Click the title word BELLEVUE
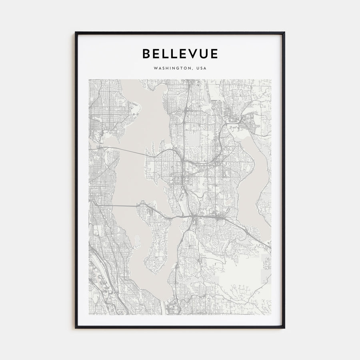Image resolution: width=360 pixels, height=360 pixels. tap(180, 54)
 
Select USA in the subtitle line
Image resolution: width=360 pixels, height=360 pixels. tap(201, 68)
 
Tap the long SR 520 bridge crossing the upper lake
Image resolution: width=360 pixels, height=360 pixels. tap(128, 151)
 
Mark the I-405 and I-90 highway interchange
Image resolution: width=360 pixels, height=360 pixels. tap(194, 218)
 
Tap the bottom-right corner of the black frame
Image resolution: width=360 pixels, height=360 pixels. tap(284, 328)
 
